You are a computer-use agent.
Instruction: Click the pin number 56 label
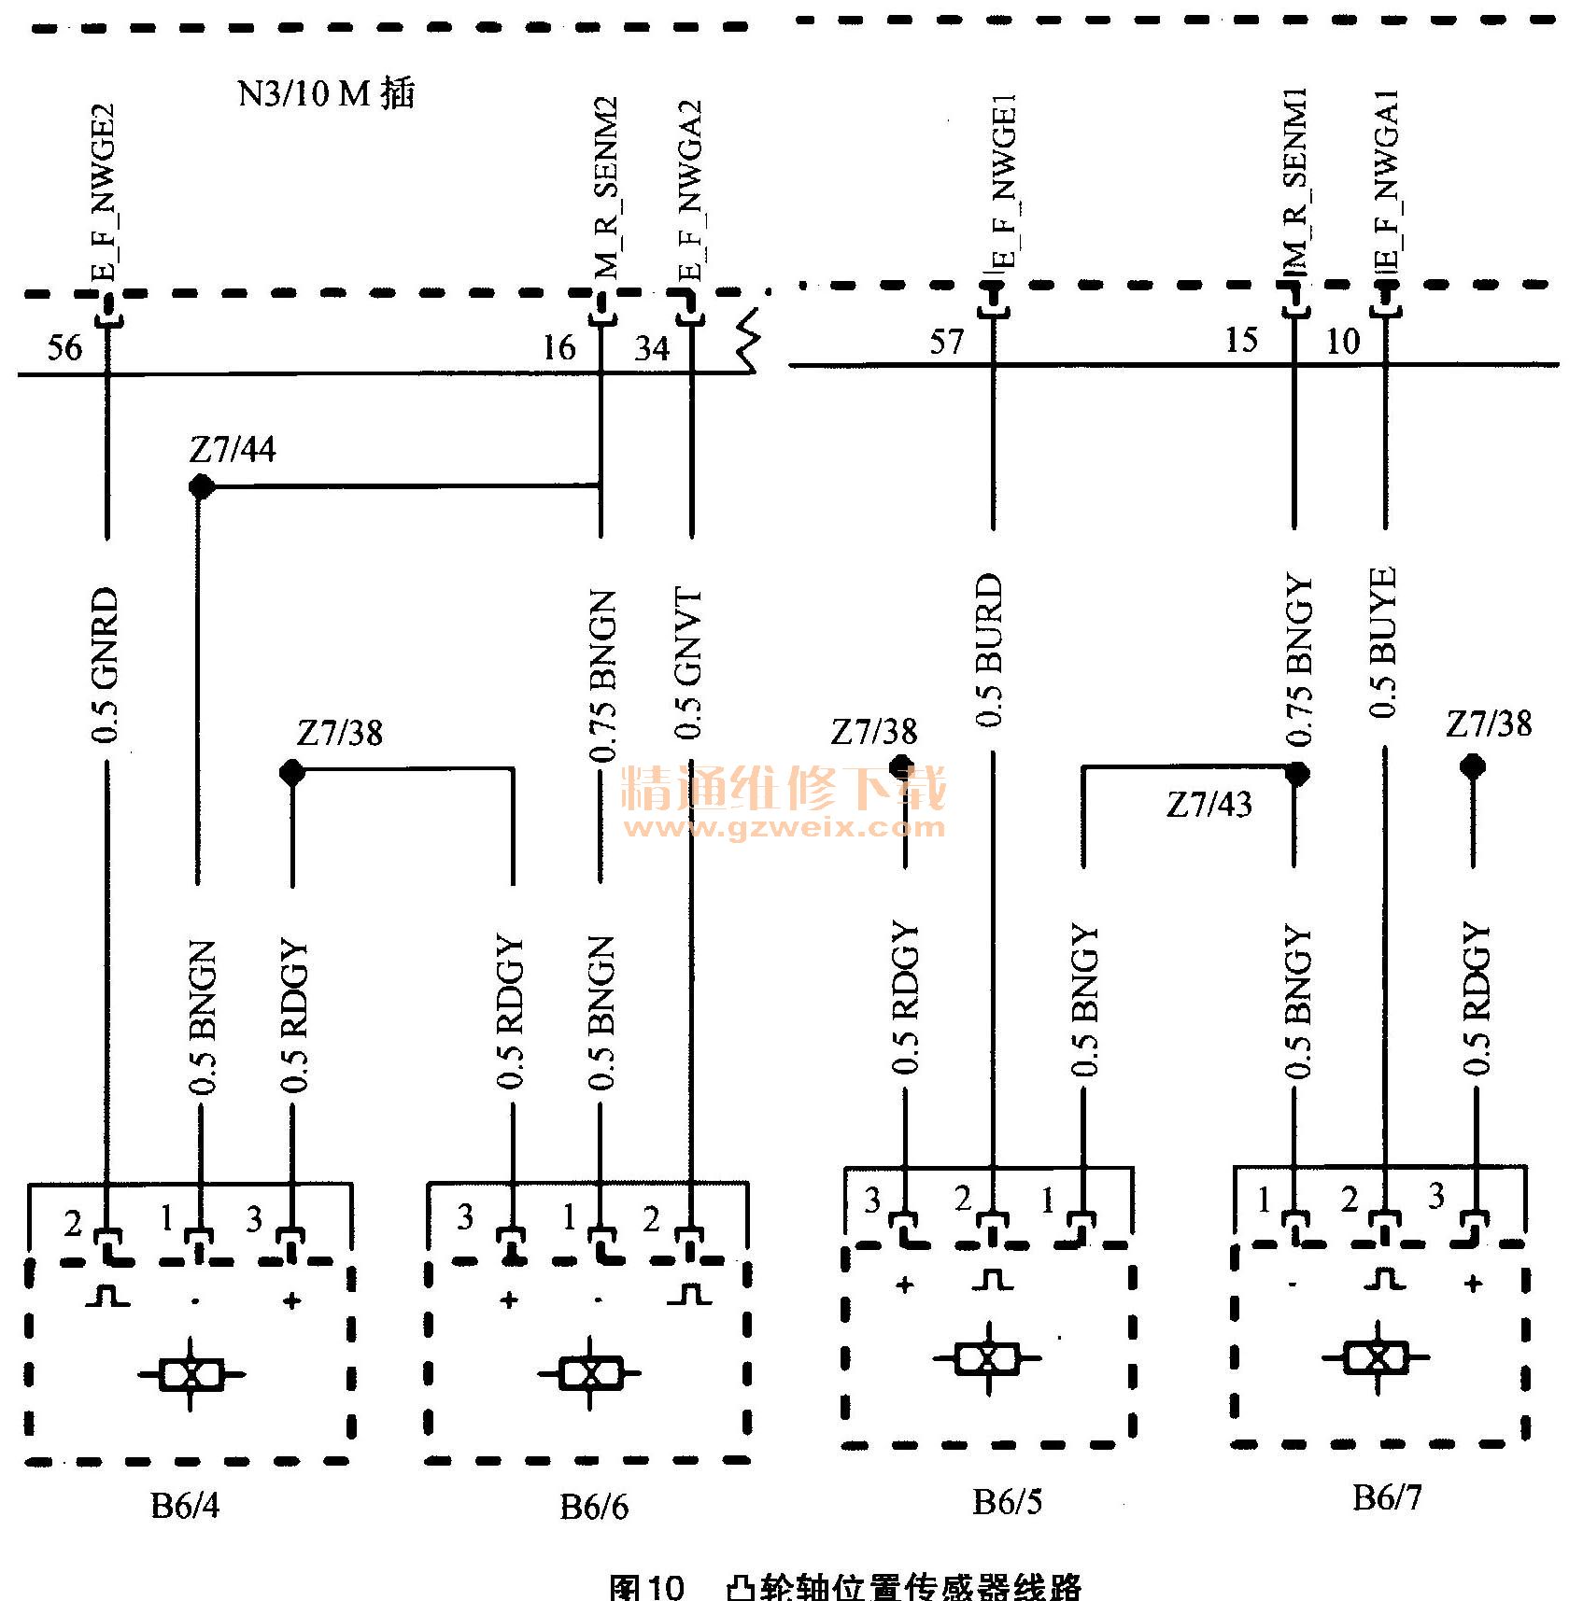pos(64,348)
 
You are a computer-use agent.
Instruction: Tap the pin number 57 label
pos(946,342)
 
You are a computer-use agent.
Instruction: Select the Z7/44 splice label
pos(233,450)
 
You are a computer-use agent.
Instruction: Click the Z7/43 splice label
pos(1209,805)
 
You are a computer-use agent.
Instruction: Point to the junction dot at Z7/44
pos(200,486)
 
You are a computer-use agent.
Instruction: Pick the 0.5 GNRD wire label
pos(106,664)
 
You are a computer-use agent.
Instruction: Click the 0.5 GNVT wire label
pos(689,663)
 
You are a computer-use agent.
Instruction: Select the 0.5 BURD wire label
pos(989,650)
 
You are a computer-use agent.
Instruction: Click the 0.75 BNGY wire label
pos(1299,661)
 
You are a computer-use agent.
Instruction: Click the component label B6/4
pos(185,1506)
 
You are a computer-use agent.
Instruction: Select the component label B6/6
pos(594,1507)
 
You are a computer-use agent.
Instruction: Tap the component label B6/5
pos(1007,1501)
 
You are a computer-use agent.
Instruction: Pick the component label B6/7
pos(1387,1497)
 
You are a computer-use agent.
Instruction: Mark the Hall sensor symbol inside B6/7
pos(1377,1356)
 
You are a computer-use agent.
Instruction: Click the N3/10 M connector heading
pos(326,94)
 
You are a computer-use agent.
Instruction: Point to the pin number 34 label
pos(653,348)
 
